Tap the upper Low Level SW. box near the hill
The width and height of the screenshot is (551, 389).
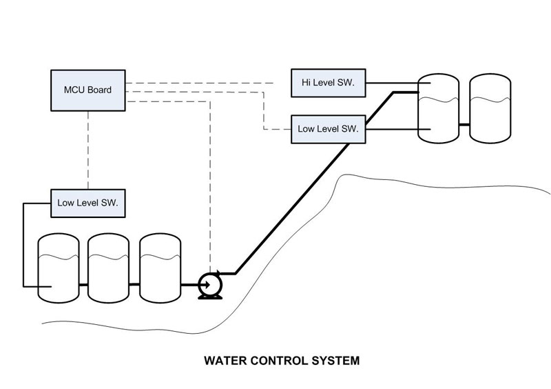click(329, 128)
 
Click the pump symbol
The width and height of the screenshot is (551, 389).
click(208, 284)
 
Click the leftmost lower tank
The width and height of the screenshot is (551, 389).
click(58, 269)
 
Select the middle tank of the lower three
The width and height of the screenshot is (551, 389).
click(109, 269)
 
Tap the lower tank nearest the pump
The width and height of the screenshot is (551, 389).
click(160, 269)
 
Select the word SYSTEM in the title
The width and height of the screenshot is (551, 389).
click(334, 360)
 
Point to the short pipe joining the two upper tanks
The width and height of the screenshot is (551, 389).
click(464, 124)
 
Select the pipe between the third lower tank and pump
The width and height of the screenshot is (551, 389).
click(189, 284)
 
